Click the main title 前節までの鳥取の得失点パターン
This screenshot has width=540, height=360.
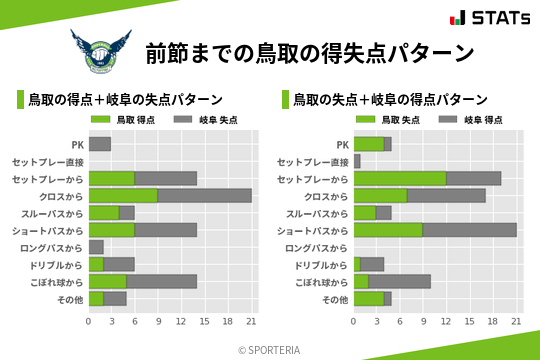point(308,52)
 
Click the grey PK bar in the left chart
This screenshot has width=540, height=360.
point(100,144)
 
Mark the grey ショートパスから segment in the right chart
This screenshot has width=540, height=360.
point(469,230)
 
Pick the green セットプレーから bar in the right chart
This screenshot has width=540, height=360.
point(400,178)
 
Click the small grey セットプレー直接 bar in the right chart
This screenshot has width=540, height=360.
point(357,161)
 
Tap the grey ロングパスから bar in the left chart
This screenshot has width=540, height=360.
point(96,247)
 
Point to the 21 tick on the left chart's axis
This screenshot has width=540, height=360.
point(252,321)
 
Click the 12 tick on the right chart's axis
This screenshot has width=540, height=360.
point(447,321)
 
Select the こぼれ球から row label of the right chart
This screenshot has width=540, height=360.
point(320,282)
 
